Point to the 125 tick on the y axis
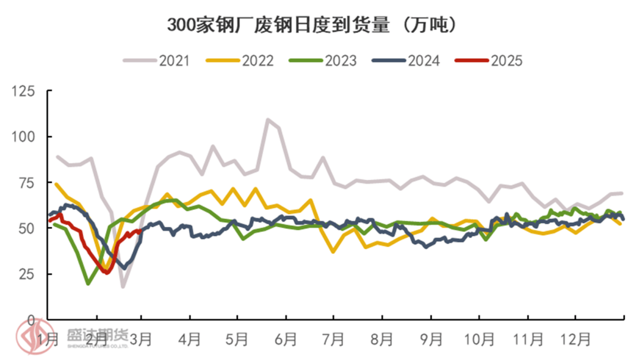[25, 91]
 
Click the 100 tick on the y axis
[25, 137]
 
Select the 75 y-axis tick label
[28, 182]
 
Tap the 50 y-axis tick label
[28, 228]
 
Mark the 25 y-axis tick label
[28, 274]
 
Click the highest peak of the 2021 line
[267, 119]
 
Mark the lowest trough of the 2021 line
[123, 287]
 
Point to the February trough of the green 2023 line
[88, 284]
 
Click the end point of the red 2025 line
[140, 232]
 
